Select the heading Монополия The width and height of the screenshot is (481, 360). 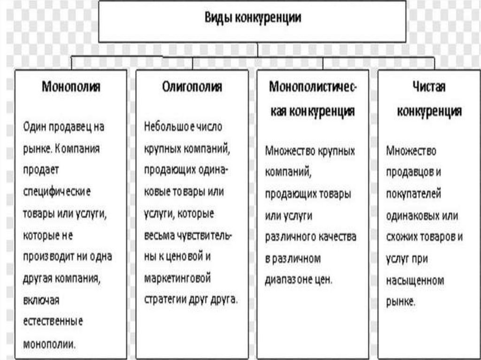[71, 87]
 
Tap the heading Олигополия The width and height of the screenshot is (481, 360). [192, 87]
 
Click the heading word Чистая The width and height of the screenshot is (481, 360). [429, 87]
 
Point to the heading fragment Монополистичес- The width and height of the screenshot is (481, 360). [312, 87]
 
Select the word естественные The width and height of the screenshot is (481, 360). [53, 321]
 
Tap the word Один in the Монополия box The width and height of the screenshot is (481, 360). [34, 127]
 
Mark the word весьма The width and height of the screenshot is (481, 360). [158, 235]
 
